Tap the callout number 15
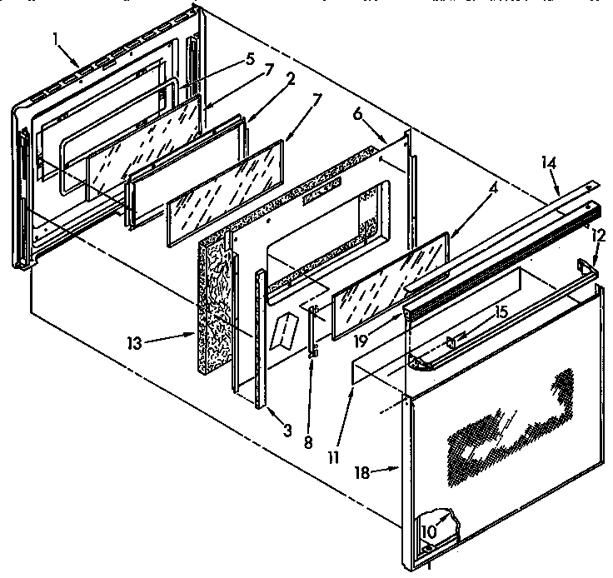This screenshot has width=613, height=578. (x=499, y=312)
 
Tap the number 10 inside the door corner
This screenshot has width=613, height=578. (x=428, y=531)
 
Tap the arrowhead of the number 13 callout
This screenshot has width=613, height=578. (x=197, y=332)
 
